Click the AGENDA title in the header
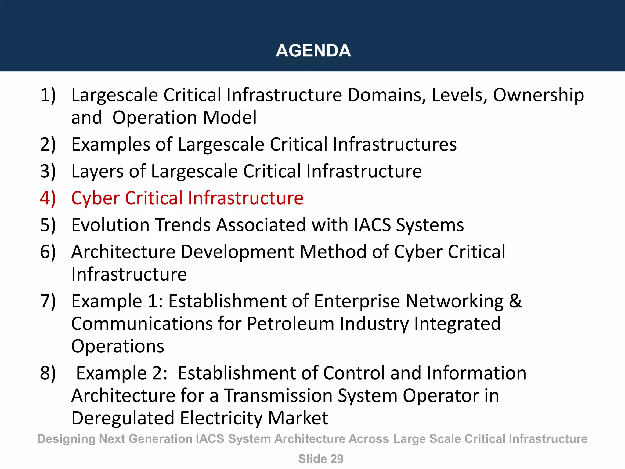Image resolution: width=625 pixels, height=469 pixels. click(313, 51)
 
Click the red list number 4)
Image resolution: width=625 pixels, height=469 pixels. click(48, 198)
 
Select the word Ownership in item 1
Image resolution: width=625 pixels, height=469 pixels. click(538, 95)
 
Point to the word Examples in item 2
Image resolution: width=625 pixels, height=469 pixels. click(110, 145)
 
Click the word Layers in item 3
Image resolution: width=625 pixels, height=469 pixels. click(97, 172)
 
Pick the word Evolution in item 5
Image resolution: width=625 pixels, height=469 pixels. click(110, 225)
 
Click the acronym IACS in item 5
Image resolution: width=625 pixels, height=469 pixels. click(372, 225)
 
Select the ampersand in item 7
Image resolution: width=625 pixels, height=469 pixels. click(515, 301)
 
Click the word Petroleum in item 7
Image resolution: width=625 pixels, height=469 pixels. click(291, 324)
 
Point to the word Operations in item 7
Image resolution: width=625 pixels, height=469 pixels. click(117, 346)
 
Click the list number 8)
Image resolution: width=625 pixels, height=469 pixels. click(48, 373)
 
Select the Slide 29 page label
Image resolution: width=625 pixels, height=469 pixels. click(320, 459)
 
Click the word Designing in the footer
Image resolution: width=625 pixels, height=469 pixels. click(66, 439)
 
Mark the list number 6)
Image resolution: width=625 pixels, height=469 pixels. click(48, 252)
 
